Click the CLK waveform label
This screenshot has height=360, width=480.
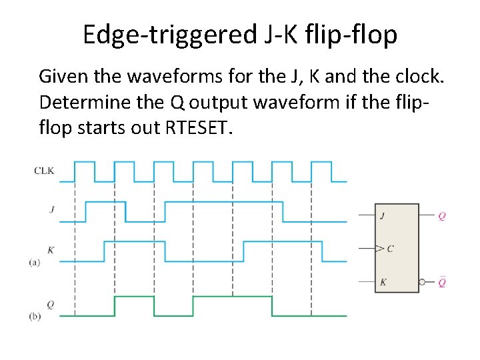pyautogui.click(x=44, y=171)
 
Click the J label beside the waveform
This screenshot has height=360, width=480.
pyautogui.click(x=51, y=209)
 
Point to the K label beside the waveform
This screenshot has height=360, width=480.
pyautogui.click(x=51, y=249)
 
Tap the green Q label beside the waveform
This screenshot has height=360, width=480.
pyautogui.click(x=51, y=305)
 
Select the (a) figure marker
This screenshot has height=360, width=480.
pyautogui.click(x=35, y=262)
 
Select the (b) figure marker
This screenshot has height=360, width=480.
pyautogui.click(x=35, y=316)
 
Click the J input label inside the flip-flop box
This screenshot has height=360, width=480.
pyautogui.click(x=383, y=216)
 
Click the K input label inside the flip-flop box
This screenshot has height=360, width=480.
pyautogui.click(x=383, y=282)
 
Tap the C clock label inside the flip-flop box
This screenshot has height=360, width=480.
pyautogui.click(x=390, y=249)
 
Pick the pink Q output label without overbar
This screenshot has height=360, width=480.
pyautogui.click(x=442, y=216)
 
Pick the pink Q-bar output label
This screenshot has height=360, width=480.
pyautogui.click(x=442, y=282)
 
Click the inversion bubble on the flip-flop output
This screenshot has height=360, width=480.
pyautogui.click(x=423, y=282)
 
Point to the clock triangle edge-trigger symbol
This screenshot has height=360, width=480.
pyautogui.click(x=379, y=249)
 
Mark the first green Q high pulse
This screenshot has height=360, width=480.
pyautogui.click(x=134, y=297)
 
